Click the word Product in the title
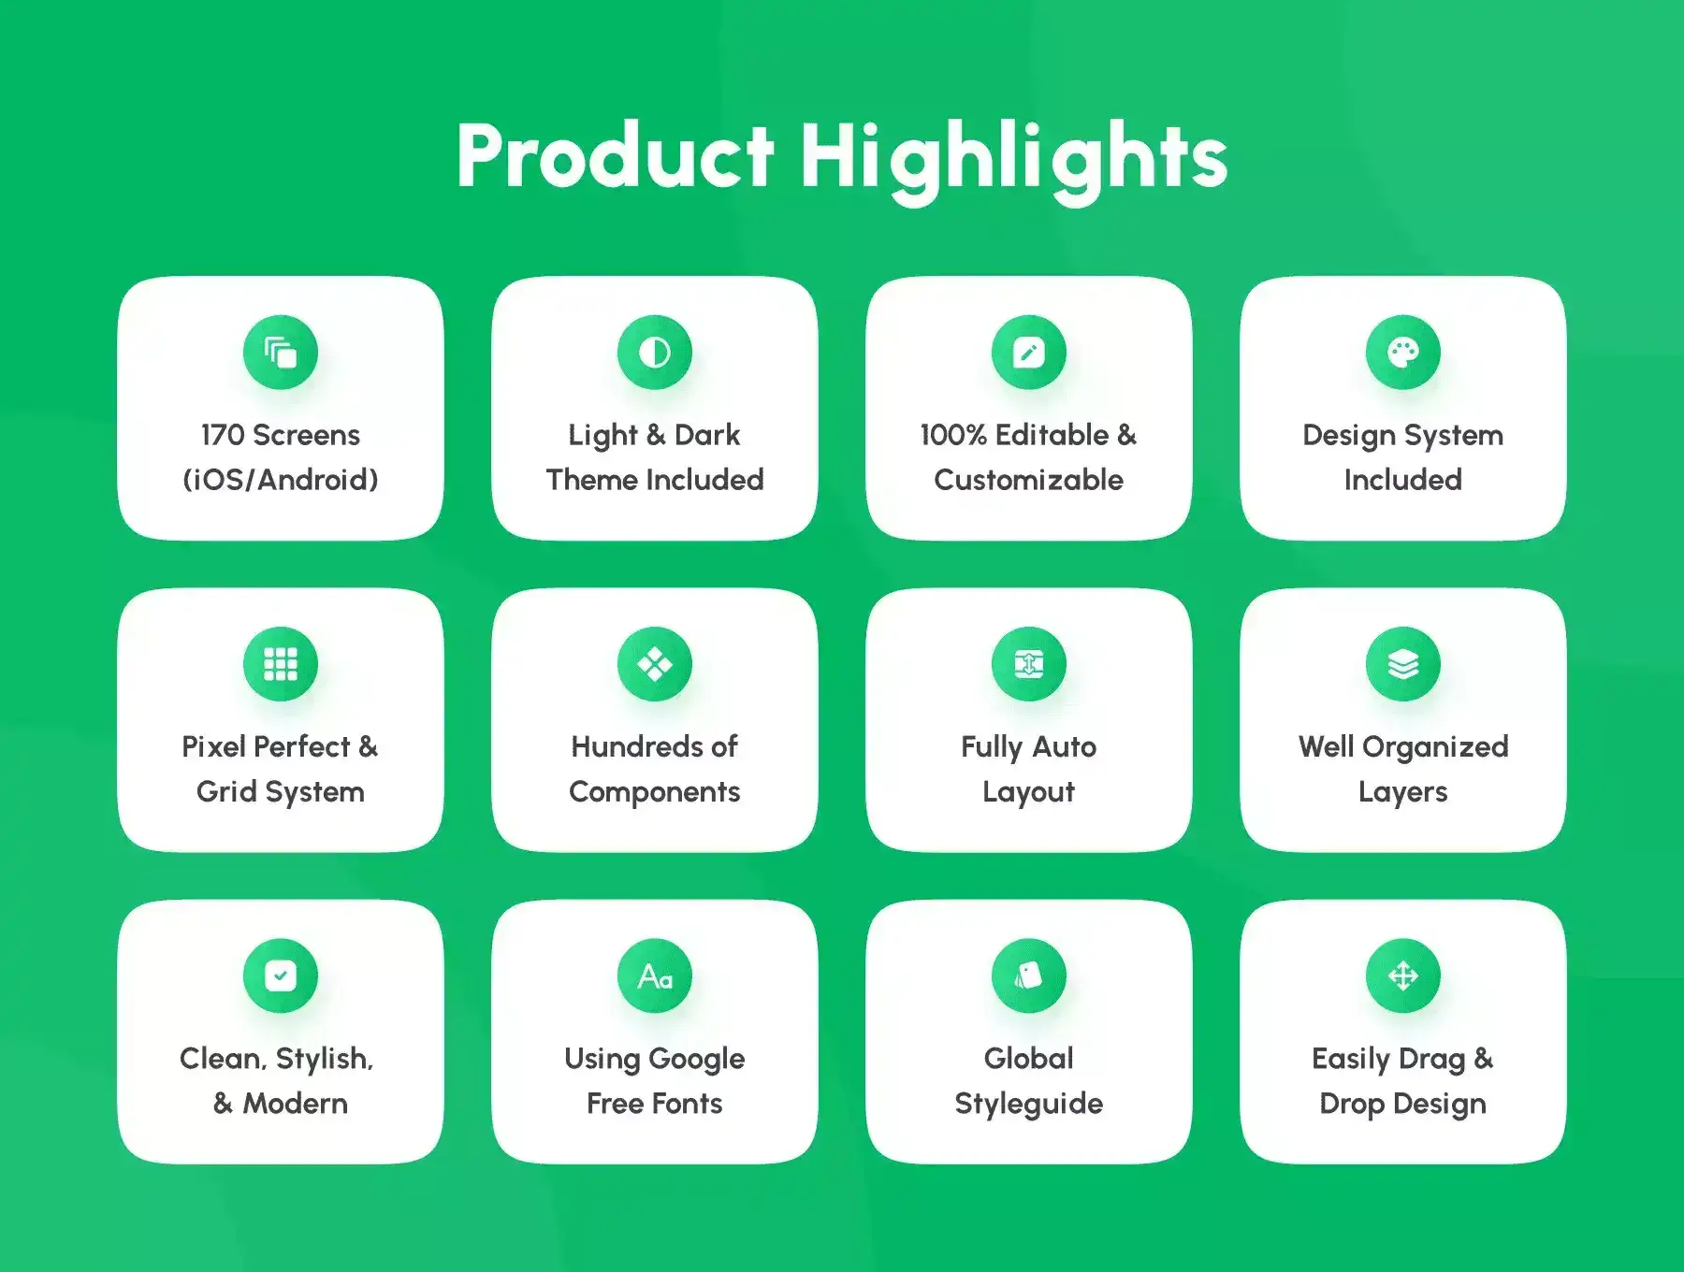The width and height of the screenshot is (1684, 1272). coord(616,156)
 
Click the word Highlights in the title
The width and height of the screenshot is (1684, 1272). coord(1013,161)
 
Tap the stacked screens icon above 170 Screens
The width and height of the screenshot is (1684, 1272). coord(281,353)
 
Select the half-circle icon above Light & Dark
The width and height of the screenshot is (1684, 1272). coord(655,353)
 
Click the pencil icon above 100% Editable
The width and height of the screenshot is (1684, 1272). coord(1029,353)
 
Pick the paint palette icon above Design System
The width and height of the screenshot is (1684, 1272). coord(1403,353)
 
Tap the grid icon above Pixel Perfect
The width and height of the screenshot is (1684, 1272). coord(281,664)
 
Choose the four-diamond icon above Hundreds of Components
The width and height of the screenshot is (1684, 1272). coord(655,664)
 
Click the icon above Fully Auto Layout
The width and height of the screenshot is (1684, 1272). coord(1029,664)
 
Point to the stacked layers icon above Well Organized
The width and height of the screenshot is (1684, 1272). coord(1403,664)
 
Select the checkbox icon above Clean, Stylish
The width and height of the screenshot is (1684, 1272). coord(281,976)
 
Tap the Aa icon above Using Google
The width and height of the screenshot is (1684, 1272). coord(655,976)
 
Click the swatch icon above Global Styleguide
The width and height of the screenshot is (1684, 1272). coord(1029,976)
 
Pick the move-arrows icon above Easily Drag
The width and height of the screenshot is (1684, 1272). coord(1403,976)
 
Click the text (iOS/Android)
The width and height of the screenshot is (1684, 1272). coord(281,480)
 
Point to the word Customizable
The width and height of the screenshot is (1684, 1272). coord(1029,480)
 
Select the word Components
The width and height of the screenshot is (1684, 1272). coord(655,793)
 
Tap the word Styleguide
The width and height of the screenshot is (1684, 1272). coord(1029,1105)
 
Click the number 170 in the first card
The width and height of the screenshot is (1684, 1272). coord(223,435)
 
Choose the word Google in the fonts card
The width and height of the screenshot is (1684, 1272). coord(696,1060)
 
